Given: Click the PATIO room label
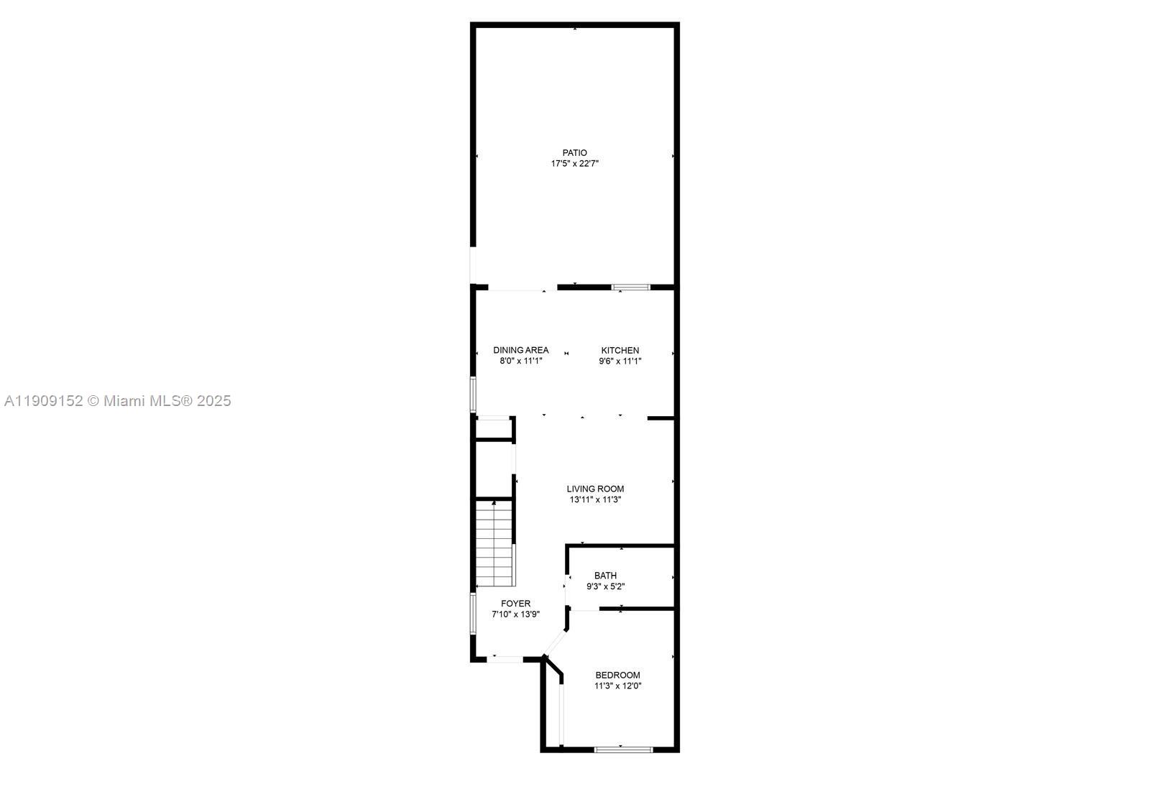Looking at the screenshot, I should [x=574, y=153].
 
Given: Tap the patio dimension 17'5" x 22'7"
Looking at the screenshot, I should [x=574, y=164].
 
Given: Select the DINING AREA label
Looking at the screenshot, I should [x=520, y=351].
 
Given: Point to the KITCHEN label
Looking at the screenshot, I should [x=620, y=351].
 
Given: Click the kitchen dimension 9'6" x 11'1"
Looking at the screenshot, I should [x=620, y=361].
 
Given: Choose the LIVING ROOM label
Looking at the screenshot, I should [x=595, y=489].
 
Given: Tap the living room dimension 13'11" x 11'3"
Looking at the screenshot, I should [x=595, y=500].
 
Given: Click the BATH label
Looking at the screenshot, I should [x=605, y=576].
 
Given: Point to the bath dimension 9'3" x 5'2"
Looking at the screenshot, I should [x=605, y=586].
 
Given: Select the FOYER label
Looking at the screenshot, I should [x=515, y=604].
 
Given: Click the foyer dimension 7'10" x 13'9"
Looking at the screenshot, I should [x=515, y=614].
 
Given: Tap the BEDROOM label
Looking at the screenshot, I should [x=617, y=676].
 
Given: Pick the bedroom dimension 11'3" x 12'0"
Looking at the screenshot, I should [x=617, y=686].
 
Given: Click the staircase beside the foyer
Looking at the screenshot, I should [x=494, y=543].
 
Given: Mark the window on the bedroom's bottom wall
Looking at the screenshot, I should [x=623, y=750].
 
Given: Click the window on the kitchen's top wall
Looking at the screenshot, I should [x=630, y=287].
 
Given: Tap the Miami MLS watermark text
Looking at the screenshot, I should [x=118, y=401].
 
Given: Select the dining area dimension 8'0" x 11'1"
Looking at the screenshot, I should [x=520, y=361].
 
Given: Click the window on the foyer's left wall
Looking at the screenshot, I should [x=473, y=613].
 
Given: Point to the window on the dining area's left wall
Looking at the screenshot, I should [x=473, y=395].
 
